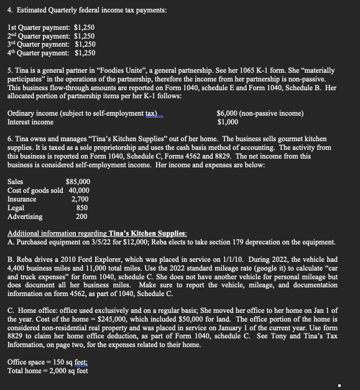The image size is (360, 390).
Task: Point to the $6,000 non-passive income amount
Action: [x=228, y=113]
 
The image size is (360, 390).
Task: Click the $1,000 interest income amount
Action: [x=227, y=122]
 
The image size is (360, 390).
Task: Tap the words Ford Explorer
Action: [x=94, y=258]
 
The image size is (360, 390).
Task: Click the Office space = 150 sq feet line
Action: [x=47, y=362]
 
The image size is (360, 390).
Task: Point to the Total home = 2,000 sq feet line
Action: [x=47, y=371]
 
